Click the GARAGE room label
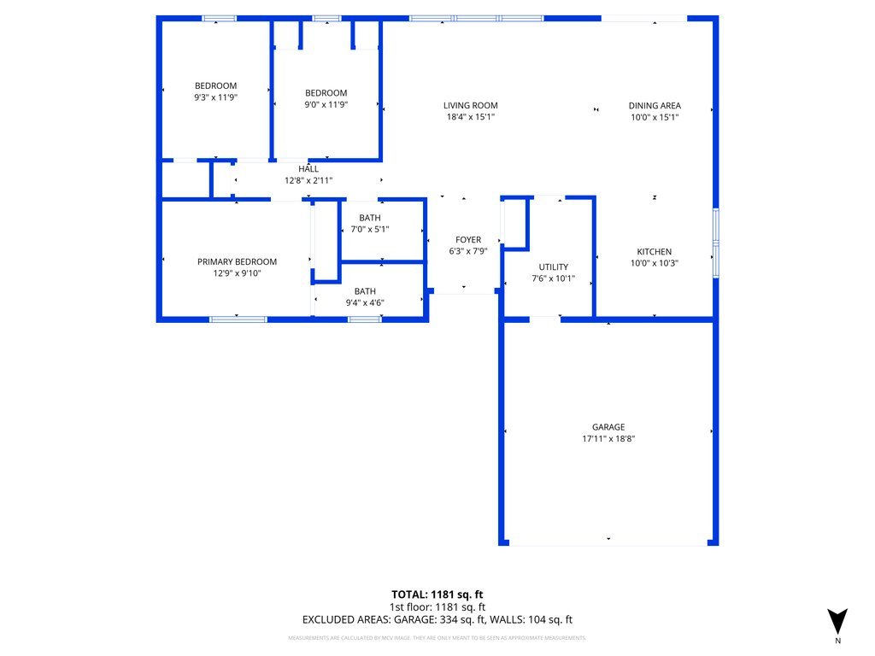click(x=608, y=427)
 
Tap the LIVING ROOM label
click(x=470, y=106)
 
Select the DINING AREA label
click(x=655, y=106)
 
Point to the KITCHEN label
click(x=655, y=252)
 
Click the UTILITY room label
click(x=553, y=267)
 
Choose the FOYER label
click(x=467, y=240)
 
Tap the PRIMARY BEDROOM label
click(x=237, y=262)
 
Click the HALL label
click(x=308, y=169)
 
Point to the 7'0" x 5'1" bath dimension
click(x=369, y=229)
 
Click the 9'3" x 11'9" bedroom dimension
click(x=215, y=97)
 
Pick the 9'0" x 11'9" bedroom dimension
click(x=326, y=104)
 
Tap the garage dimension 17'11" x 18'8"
click(x=608, y=439)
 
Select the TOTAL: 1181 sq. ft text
click(x=437, y=594)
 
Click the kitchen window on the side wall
click(x=716, y=243)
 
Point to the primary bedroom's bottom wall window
click(x=238, y=319)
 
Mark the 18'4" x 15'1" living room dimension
click(x=470, y=117)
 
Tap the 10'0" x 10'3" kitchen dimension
click(x=655, y=263)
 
